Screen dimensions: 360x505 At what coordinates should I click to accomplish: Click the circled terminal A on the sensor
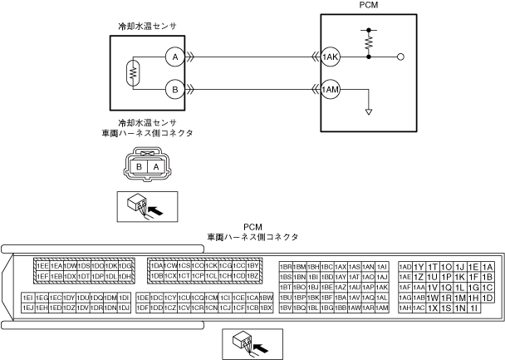pos(173,57)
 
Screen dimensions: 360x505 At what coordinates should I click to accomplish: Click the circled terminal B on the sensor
pos(173,87)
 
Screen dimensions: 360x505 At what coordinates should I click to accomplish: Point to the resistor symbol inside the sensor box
pos(131,72)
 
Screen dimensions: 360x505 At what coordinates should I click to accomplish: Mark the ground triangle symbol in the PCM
pos(367,111)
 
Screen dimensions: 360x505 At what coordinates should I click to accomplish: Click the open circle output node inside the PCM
pos(401,57)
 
